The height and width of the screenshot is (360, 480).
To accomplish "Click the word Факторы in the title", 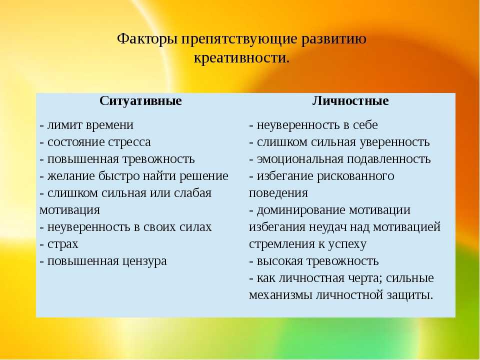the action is (x=147, y=39).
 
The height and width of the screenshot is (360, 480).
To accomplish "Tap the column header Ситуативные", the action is (x=140, y=101).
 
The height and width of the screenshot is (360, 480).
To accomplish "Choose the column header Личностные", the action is (x=350, y=100).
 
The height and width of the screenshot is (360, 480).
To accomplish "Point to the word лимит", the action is (x=64, y=125).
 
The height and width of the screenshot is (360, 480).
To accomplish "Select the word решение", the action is (x=203, y=176).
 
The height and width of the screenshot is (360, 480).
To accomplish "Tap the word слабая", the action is (x=192, y=193).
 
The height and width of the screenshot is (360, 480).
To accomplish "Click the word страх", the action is (x=63, y=244).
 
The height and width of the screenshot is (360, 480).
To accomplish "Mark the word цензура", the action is (x=145, y=261).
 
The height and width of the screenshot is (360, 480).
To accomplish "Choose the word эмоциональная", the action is (x=300, y=159).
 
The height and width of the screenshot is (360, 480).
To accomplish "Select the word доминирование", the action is (x=301, y=210).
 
